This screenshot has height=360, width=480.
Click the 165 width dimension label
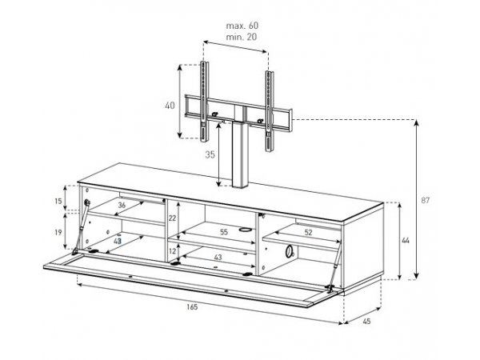[x=192, y=306]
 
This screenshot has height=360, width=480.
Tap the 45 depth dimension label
[x=366, y=321]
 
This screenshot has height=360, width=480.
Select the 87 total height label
[x=426, y=201]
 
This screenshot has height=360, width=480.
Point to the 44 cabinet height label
[x=406, y=241]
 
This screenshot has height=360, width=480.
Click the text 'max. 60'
[x=242, y=26]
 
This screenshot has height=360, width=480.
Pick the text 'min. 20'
[x=242, y=37]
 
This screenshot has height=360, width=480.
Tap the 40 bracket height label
[x=170, y=106]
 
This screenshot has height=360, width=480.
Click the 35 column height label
[x=210, y=155]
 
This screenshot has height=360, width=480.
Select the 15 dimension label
[x=58, y=201]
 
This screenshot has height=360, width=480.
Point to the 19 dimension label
[x=58, y=232]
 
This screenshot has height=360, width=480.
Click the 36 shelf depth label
[x=122, y=205]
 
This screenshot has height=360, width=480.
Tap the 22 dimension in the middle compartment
[x=172, y=218]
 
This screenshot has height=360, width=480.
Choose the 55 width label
[x=224, y=232]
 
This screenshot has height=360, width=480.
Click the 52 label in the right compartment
[x=308, y=232]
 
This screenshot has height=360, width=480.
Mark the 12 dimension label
[x=172, y=251]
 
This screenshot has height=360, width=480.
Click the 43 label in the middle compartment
[x=218, y=258]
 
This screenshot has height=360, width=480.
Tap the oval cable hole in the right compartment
[x=288, y=251]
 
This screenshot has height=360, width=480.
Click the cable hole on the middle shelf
[x=246, y=229]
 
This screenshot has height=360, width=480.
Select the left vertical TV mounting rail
[x=204, y=102]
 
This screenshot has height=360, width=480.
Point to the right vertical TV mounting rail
[x=270, y=111]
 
